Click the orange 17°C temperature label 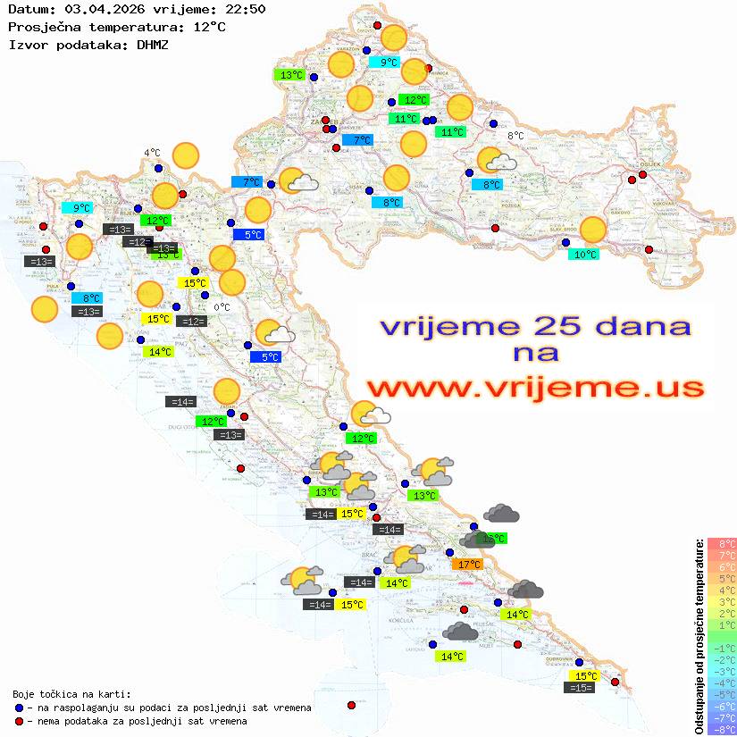coord(469,565)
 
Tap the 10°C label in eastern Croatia coord(585,255)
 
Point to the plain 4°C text coord(152,153)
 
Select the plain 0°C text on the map coord(222,307)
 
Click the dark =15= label coord(579,688)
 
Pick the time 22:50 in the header coord(243,9)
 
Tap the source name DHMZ coord(152,44)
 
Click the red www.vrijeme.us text coord(535,387)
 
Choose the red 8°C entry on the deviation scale coord(723,544)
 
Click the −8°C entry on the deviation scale coord(722,729)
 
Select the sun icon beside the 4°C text coord(186,156)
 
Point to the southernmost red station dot coord(351,705)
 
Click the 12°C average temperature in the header coord(209,27)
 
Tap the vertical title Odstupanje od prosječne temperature coord(699,637)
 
